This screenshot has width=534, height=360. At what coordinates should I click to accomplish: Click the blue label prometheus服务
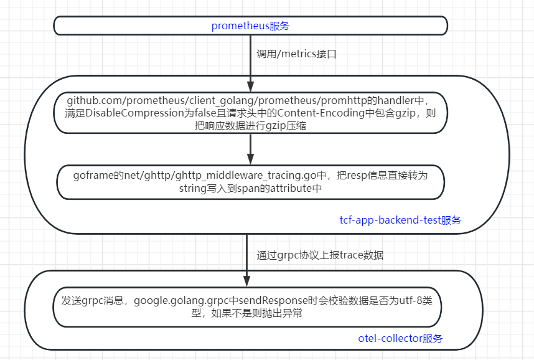(x=250, y=26)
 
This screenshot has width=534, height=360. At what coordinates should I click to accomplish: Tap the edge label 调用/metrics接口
(x=296, y=54)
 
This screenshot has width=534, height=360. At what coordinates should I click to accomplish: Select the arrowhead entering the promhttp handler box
(x=250, y=86)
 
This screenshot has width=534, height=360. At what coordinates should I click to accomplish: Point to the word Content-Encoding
(x=321, y=113)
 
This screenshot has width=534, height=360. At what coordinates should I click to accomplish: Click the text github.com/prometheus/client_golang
(x=159, y=100)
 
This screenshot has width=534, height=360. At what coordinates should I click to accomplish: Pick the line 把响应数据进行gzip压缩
(x=250, y=125)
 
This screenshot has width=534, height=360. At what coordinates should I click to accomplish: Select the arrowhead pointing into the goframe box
(x=250, y=159)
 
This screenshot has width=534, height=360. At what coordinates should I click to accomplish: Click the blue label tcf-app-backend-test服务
(x=400, y=220)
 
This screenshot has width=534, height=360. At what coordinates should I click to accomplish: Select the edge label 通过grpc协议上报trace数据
(x=320, y=255)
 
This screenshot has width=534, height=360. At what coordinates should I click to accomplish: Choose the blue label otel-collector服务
(x=400, y=339)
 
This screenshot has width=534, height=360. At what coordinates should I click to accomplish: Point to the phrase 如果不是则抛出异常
(x=257, y=313)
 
